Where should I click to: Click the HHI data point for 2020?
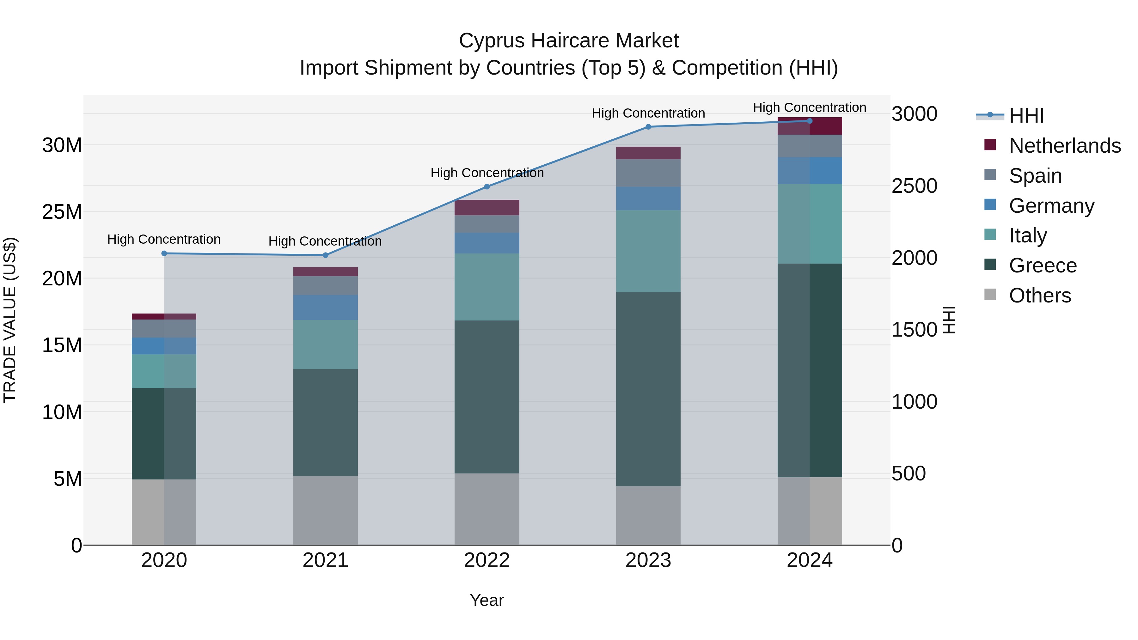(x=164, y=253)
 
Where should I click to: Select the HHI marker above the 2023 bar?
(x=648, y=127)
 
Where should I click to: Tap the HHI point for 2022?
(x=487, y=187)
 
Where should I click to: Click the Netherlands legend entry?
(x=1065, y=146)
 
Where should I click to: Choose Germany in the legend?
(x=1051, y=206)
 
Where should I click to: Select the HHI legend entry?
(x=1026, y=116)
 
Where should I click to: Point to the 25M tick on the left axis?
(x=62, y=212)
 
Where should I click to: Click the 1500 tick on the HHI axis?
(x=914, y=330)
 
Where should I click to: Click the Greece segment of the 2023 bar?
(x=648, y=389)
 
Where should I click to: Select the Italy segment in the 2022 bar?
(x=487, y=287)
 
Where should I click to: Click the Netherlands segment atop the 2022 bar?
(x=487, y=208)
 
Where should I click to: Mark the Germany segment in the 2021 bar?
(x=325, y=308)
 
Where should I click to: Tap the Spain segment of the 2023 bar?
(x=648, y=173)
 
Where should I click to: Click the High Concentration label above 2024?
(x=809, y=108)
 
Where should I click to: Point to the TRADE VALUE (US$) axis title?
(x=10, y=320)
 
